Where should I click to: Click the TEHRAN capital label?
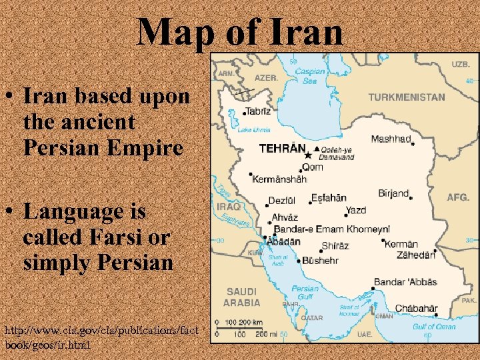(x=282, y=149)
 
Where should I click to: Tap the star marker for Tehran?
(x=307, y=155)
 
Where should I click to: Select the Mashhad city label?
(x=391, y=139)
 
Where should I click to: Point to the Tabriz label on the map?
(x=258, y=111)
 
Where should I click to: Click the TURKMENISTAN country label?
(x=407, y=97)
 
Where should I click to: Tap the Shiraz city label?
(x=335, y=246)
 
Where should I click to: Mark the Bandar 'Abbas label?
(x=405, y=282)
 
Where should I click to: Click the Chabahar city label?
(x=417, y=309)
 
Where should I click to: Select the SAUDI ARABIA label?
(x=242, y=297)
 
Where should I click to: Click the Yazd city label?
(x=356, y=211)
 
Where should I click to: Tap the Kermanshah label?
(x=279, y=179)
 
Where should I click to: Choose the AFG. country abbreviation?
(x=458, y=197)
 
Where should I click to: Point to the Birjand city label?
(x=393, y=193)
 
